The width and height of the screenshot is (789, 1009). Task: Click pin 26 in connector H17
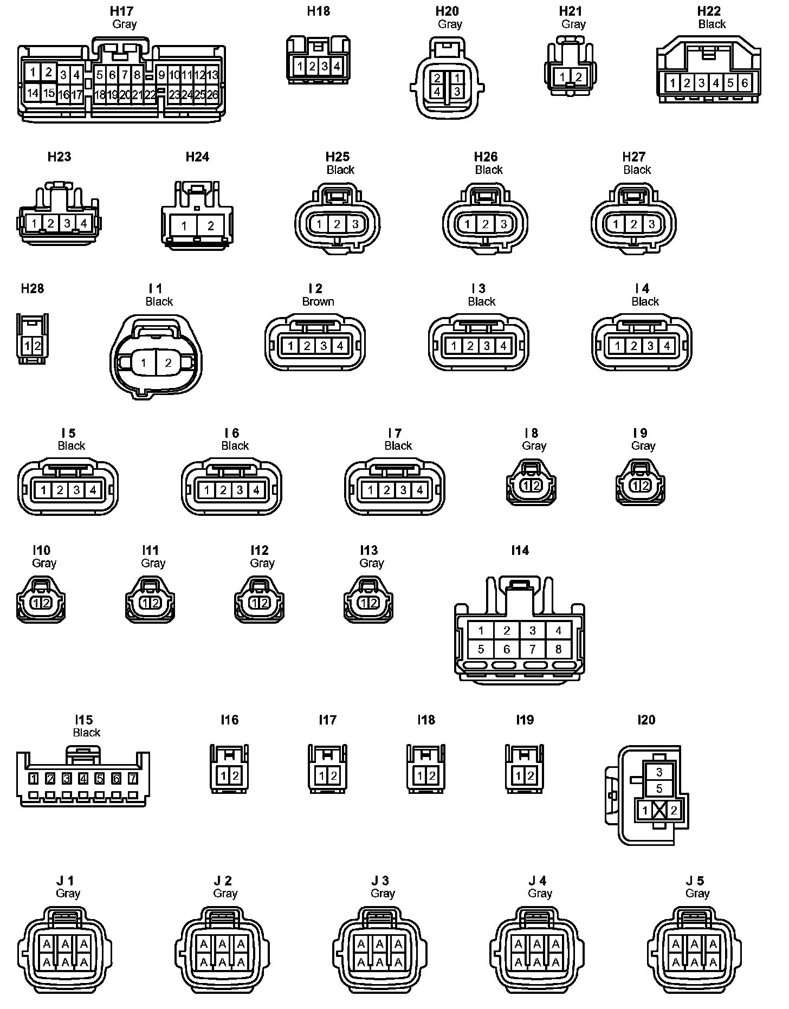point(212,94)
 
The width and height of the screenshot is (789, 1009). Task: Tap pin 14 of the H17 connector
point(33,93)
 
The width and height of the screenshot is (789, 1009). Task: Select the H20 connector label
point(447,11)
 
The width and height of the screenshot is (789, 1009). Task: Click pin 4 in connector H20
point(437,91)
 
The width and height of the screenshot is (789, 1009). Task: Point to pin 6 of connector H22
point(745,83)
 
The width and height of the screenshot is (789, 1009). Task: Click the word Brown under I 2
point(318,301)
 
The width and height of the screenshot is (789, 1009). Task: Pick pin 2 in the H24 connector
point(211,225)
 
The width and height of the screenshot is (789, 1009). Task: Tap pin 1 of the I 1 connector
point(143,363)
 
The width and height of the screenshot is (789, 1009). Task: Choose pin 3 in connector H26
point(503,224)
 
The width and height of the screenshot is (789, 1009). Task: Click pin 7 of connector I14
point(533,649)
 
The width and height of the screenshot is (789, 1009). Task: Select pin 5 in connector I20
point(659,788)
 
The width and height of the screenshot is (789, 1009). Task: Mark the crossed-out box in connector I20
point(659,810)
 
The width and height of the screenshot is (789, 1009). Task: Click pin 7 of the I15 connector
point(133,779)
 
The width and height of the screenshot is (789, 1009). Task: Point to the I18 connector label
point(426,720)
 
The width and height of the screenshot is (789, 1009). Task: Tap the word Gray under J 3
point(383,893)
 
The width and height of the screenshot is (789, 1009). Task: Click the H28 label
point(33,288)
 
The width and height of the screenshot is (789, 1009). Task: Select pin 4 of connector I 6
point(256,490)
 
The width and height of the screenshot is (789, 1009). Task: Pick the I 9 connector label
point(640,433)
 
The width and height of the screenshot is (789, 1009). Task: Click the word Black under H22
point(712,24)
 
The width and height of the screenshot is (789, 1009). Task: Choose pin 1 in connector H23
point(34,223)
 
